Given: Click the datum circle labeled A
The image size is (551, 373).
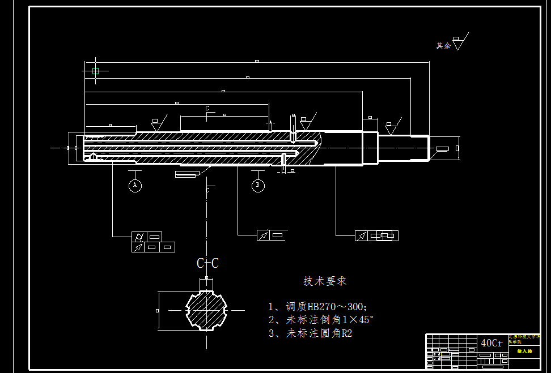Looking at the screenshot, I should coord(135,185).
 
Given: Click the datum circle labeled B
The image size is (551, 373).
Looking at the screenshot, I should coord(258,185).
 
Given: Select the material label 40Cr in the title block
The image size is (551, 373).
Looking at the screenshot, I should coord(491,343).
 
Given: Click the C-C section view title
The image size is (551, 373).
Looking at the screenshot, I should coord(207,263).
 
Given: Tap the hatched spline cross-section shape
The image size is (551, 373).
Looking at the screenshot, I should coord(206,310).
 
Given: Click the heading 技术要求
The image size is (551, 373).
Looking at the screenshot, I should coord(325,281).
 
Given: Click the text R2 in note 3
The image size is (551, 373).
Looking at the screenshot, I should coord(346,333).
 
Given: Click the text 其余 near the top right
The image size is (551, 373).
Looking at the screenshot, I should coord(443,46).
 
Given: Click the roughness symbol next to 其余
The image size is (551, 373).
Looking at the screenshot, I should coord(459,42).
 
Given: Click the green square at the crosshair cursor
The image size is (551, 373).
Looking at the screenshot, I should coord(95,71).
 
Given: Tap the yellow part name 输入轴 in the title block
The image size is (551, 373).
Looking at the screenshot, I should coord(524,351).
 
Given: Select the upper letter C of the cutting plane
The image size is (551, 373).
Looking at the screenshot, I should coord(207,108).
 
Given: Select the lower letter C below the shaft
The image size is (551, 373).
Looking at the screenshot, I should coord(207,190).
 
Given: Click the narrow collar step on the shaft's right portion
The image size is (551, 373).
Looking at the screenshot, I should coord(370,148).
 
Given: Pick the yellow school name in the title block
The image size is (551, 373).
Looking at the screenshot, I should coord(524,338).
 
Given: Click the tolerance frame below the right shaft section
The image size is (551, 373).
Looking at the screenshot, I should coord(376,235).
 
